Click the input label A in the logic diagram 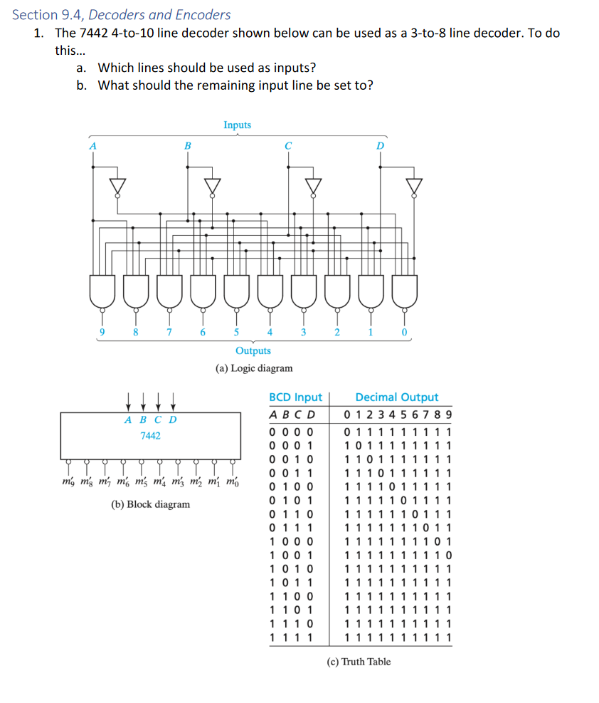[x=91, y=145]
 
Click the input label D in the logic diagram [x=380, y=145]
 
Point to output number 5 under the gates [x=237, y=332]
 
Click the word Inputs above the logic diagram [x=237, y=125]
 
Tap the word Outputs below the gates [x=253, y=350]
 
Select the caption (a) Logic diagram [x=253, y=368]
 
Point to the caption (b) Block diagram [x=151, y=504]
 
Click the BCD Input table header [x=295, y=397]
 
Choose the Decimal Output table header [x=397, y=397]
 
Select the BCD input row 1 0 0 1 [x=292, y=553]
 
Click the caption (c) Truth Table [x=359, y=662]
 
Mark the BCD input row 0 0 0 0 [x=292, y=432]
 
